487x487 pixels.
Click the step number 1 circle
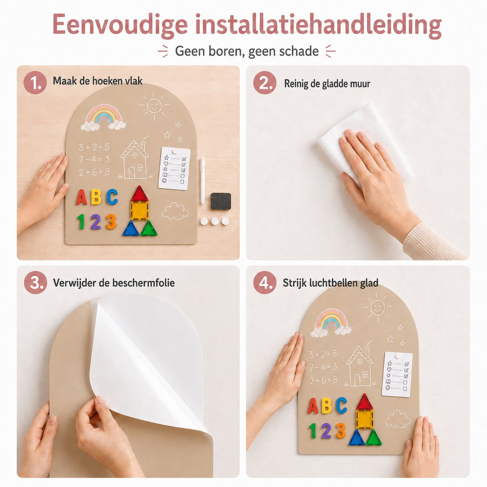tap(35, 82)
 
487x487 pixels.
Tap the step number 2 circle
tap(264, 83)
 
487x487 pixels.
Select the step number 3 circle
tap(35, 282)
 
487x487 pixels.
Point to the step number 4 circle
tap(264, 282)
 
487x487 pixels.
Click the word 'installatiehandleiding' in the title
tap(318, 25)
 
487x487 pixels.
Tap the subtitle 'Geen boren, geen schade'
tap(247, 51)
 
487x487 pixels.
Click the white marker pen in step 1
tap(202, 180)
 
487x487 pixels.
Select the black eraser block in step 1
tap(221, 201)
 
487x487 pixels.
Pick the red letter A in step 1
tap(81, 197)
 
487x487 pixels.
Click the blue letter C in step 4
tap(341, 405)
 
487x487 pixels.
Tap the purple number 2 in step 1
tap(96, 222)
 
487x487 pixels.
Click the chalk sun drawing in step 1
tap(154, 106)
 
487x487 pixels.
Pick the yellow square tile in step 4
tap(364, 419)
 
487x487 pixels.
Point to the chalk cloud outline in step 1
tap(175, 211)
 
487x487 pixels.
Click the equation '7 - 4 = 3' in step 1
tap(94, 159)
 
